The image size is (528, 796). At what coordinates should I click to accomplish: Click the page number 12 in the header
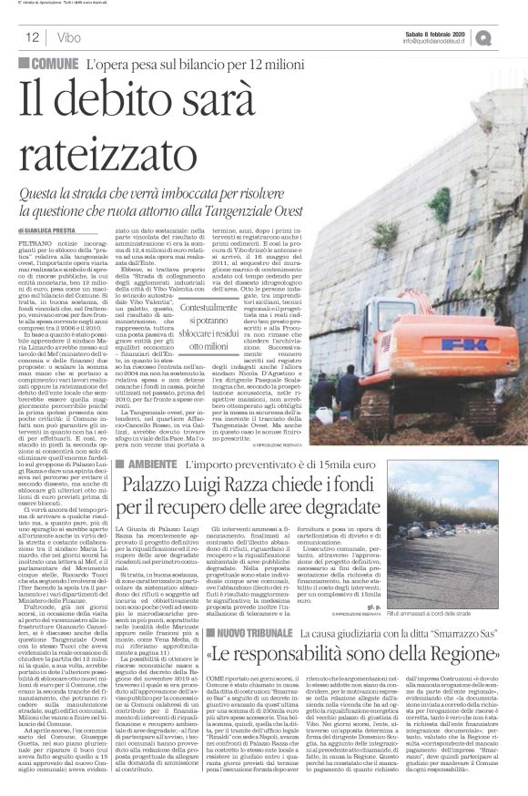[30, 38]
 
